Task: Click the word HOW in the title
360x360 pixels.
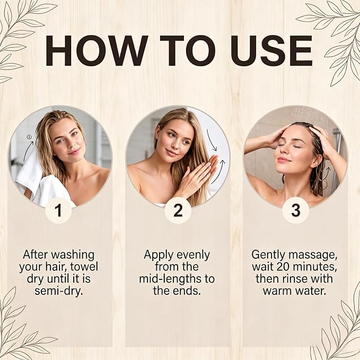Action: coord(96,50)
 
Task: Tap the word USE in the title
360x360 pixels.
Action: coord(271,50)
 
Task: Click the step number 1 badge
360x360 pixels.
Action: coord(58,210)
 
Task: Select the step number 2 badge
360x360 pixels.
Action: coord(178,210)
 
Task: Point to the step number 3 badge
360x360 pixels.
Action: coord(295,210)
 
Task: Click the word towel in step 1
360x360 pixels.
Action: coord(84,267)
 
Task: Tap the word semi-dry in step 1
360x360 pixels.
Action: coord(58,291)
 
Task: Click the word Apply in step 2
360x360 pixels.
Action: coord(157,255)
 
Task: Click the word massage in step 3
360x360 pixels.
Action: coord(313,255)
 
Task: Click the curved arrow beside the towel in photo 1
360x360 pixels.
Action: coord(28,151)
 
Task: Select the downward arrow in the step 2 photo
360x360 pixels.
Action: coord(211,140)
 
